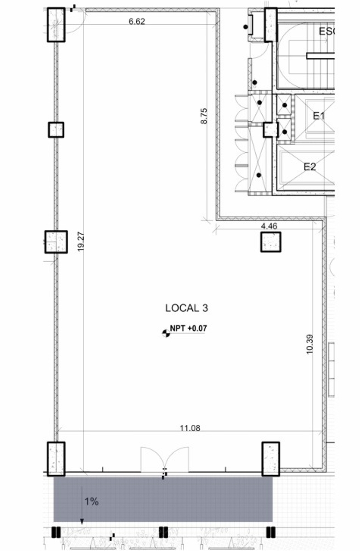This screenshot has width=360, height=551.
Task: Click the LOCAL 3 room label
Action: point(186,308)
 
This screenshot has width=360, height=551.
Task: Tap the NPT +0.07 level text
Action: point(188,328)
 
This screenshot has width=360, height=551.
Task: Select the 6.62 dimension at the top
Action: point(137,22)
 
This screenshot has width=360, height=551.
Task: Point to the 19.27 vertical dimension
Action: point(81,242)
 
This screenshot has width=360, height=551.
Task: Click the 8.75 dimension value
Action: point(204,116)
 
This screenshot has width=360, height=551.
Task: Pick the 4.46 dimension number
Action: point(269,226)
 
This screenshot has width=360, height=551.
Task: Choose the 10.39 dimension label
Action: point(309,344)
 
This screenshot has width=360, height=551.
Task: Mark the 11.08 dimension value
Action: point(190,428)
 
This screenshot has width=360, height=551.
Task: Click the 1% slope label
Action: point(91,501)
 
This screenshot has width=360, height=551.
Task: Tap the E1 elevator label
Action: point(319,116)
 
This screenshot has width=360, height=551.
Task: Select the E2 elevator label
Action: point(310,167)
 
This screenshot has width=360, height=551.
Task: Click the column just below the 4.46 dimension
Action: point(270,242)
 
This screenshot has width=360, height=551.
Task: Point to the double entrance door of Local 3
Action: point(164,460)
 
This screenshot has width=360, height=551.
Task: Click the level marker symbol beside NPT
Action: point(166,333)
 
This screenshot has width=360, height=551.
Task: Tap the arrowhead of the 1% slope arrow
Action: point(82,521)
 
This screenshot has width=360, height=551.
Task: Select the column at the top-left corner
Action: point(56,25)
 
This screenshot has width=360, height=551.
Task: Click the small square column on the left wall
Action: point(56,129)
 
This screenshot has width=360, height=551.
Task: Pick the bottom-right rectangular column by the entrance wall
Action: point(270,459)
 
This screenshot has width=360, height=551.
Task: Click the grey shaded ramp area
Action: point(163,499)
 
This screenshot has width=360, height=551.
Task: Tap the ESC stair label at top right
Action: point(327,32)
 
